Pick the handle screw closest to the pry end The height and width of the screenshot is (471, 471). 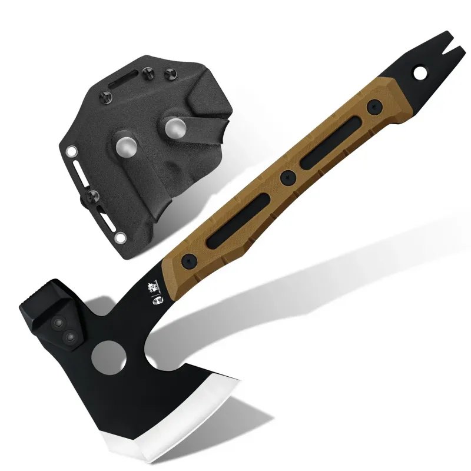[372, 107]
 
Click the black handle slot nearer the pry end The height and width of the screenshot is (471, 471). [331, 142]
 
